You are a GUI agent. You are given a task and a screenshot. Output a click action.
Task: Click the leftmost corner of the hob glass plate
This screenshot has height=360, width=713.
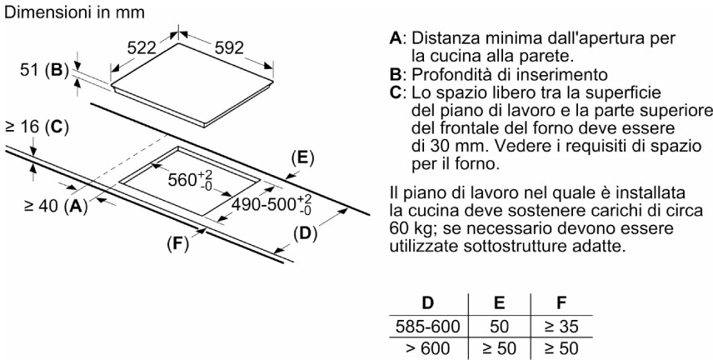pos(112,85)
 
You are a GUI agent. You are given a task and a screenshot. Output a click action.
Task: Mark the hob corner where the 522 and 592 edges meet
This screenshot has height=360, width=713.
pos(177,44)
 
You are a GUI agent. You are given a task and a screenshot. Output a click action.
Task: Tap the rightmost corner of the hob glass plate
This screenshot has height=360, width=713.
pos(273,81)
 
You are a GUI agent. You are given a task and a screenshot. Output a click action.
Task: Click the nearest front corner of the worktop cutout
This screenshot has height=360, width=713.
pos(202,215)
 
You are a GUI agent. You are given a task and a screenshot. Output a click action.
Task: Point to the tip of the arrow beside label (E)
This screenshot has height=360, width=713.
pos(285,177)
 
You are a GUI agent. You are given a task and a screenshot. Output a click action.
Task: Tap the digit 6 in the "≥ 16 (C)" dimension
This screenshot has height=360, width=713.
pos(37,127)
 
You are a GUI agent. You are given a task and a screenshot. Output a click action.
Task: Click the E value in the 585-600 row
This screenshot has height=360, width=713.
pos(499,327)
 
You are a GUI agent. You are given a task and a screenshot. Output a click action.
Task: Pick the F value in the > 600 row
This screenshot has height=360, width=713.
pos(561,348)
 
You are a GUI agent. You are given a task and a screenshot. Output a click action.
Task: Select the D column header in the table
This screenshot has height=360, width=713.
pos(428,303)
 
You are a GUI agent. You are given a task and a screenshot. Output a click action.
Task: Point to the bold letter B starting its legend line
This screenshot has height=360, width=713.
pos(395,74)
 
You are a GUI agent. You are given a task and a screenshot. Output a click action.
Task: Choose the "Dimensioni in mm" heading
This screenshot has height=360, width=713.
pos(74,12)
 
